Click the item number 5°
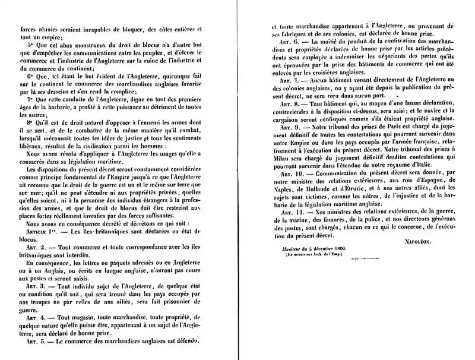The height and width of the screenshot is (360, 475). (31, 44)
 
